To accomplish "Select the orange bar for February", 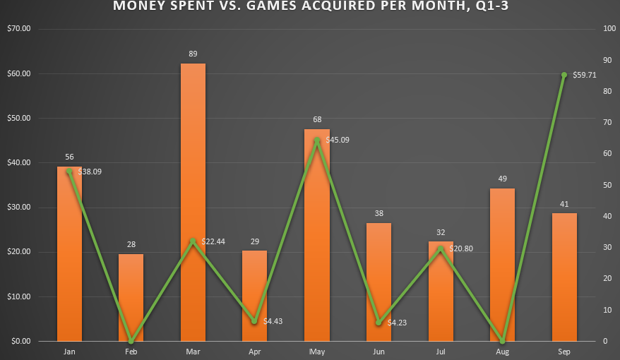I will click(x=131, y=297).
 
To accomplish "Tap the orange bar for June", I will click(x=378, y=282).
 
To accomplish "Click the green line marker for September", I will click(x=564, y=75).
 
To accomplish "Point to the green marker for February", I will click(x=131, y=341).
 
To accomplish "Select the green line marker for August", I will click(x=502, y=341).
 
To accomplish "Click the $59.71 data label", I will click(x=585, y=74).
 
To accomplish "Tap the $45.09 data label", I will click(x=338, y=140).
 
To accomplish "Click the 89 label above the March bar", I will click(x=193, y=54).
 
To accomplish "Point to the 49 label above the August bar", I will click(x=502, y=179).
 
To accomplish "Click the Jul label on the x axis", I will click(x=441, y=351).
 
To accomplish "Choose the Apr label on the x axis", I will click(x=255, y=351).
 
